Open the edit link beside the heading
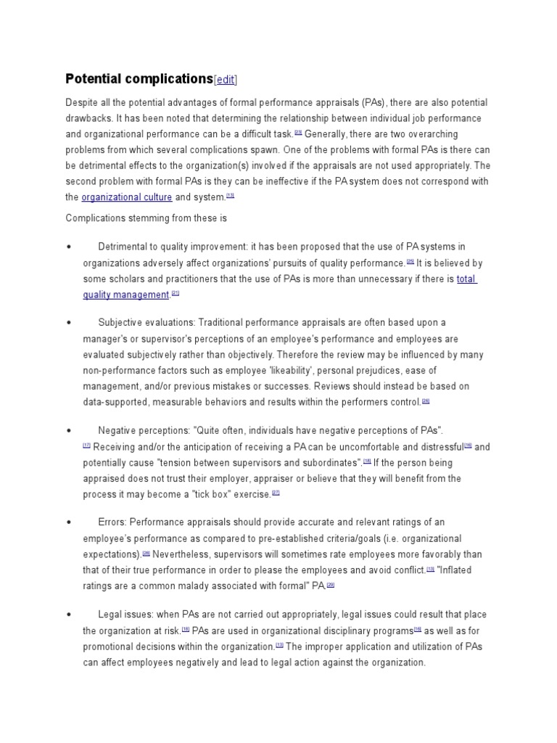(226, 80)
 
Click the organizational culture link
(127, 197)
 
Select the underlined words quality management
(125, 295)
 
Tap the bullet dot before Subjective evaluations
(68, 322)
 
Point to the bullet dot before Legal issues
(68, 615)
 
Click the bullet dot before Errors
(68, 522)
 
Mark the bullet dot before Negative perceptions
(68, 431)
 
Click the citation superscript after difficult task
(298, 133)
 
